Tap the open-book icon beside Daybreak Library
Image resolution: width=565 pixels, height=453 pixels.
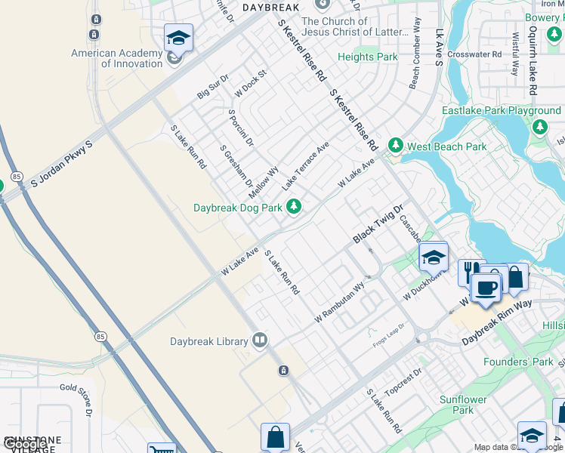[261, 341]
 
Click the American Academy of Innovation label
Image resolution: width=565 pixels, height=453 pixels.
[117, 58]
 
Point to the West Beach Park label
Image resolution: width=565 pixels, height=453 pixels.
[447, 146]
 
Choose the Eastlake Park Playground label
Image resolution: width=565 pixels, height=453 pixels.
[502, 111]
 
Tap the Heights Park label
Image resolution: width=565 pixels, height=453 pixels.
[367, 57]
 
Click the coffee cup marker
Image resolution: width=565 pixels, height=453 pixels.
[486, 287]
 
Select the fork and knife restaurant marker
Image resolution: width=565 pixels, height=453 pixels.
[471, 271]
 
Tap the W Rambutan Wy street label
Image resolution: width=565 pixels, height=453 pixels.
[340, 301]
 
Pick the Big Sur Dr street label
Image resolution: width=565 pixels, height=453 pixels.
[211, 89]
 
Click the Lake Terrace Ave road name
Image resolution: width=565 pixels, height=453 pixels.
[306, 165]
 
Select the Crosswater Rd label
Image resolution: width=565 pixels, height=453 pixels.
[474, 54]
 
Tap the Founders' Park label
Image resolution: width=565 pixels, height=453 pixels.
[529, 362]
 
